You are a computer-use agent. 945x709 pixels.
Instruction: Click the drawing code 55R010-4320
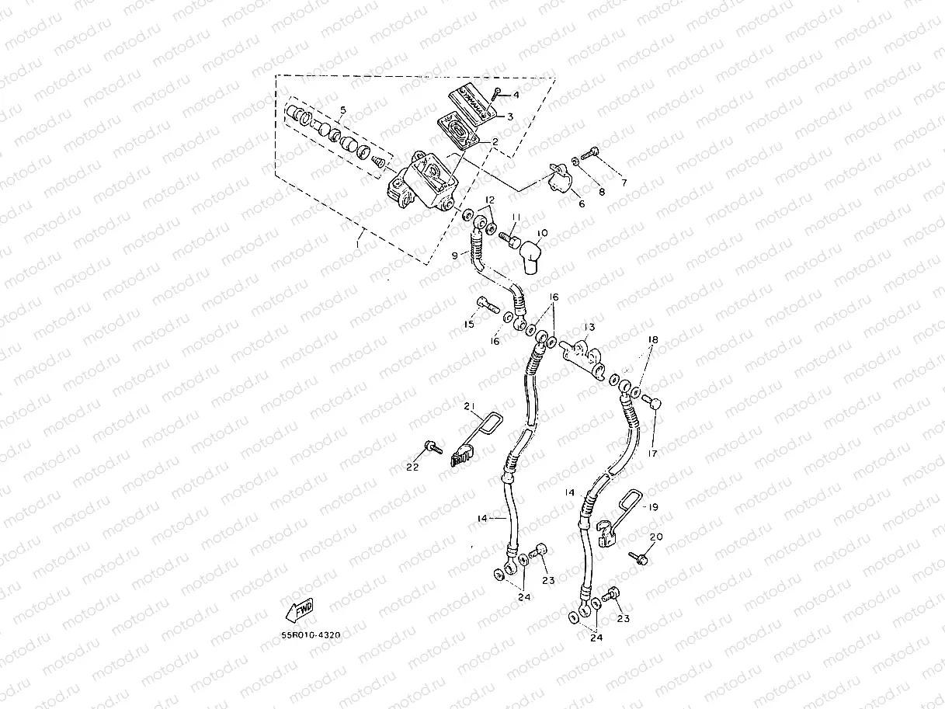point(311,634)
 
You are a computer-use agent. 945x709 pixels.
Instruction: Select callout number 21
point(469,405)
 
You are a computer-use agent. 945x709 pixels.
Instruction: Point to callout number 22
point(412,466)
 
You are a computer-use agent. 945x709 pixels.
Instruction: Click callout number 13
point(589,328)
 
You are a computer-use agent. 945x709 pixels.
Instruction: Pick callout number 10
point(542,233)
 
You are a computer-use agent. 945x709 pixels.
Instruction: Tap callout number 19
point(653,506)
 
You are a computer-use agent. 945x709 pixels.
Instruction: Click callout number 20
point(656,537)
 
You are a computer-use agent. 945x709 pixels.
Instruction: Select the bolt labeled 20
point(641,557)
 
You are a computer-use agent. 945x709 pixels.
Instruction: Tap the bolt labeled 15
point(487,304)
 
